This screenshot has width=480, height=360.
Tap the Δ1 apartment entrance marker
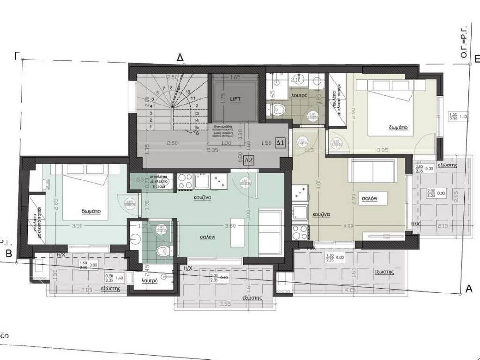pos(280,142)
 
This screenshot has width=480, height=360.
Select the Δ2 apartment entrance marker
pos(249,161)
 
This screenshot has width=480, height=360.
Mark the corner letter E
pos(476,59)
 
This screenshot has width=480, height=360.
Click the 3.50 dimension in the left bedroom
pos(77,226)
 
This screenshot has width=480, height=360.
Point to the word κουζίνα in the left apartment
pos(203,198)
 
